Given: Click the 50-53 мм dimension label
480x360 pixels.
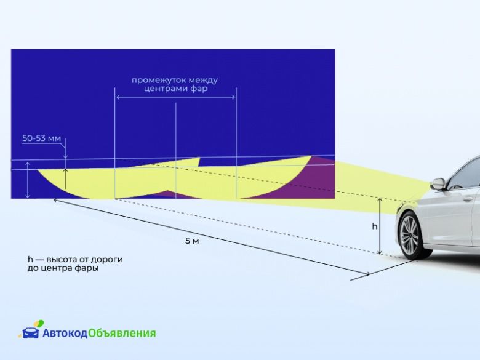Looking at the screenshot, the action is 41,138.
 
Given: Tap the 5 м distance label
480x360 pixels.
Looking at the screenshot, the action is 192,241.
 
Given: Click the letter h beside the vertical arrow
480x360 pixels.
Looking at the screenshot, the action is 374,226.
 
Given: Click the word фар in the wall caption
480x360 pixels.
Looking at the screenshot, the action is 199,89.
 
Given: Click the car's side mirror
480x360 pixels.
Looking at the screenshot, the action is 438,183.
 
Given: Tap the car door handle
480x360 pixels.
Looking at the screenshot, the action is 467,199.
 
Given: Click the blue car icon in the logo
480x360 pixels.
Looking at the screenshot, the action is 31,333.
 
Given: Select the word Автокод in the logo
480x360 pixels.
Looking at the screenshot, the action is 65,333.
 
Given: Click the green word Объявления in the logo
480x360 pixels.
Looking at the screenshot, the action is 122,333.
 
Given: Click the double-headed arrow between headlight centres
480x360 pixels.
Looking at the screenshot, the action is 176,97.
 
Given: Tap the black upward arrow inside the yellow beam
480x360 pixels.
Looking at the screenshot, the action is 65,178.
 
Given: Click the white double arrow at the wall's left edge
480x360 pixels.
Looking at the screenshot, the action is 28,180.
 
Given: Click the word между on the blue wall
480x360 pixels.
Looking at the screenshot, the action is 203,80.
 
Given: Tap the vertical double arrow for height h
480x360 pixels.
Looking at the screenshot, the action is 380,226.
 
